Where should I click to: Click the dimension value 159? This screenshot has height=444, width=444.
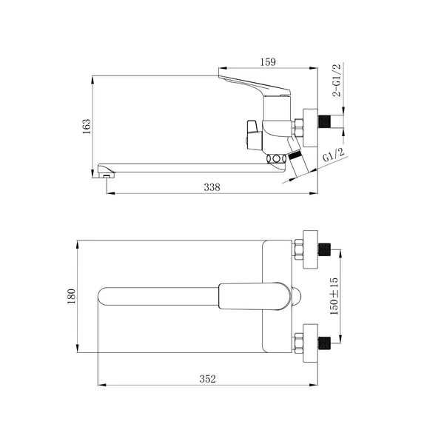click(x=268, y=62)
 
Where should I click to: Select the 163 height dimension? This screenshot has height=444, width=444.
click(x=87, y=127)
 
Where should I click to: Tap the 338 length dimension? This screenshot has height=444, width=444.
click(x=212, y=187)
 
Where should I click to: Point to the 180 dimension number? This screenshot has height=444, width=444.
click(x=72, y=296)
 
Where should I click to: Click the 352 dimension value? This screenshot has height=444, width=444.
click(x=207, y=379)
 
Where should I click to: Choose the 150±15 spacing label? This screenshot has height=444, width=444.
click(x=334, y=296)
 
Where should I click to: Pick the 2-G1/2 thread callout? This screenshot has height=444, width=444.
click(x=337, y=81)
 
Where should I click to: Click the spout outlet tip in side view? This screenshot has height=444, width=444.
click(x=107, y=175)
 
